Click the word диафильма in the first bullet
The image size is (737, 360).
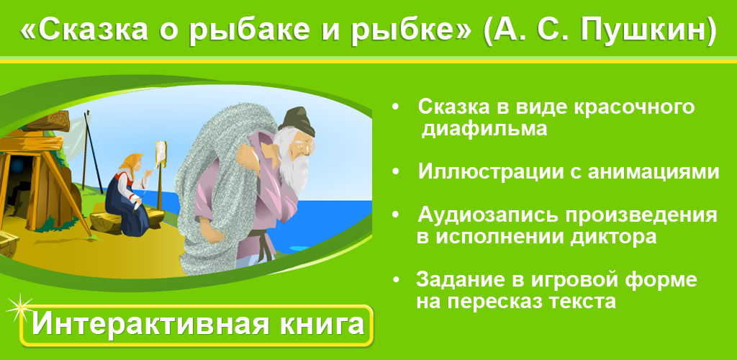[x=484, y=129]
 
